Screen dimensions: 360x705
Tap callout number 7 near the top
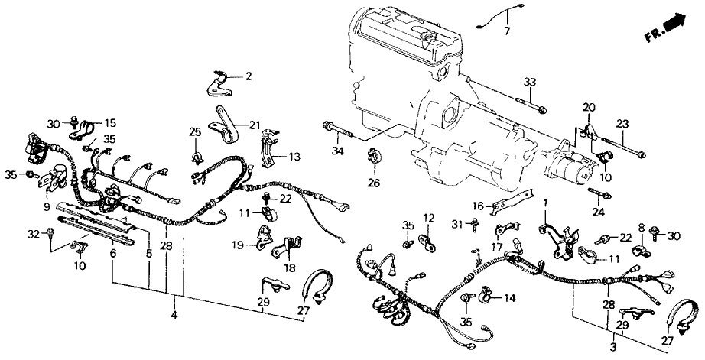click(505, 31)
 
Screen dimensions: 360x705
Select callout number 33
click(530, 83)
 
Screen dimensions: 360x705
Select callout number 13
click(294, 157)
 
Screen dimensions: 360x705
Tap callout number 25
click(195, 132)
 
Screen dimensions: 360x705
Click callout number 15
click(110, 122)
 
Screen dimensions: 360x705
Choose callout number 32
click(34, 232)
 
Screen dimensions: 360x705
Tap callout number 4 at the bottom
click(175, 315)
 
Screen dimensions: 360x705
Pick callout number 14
click(508, 298)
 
